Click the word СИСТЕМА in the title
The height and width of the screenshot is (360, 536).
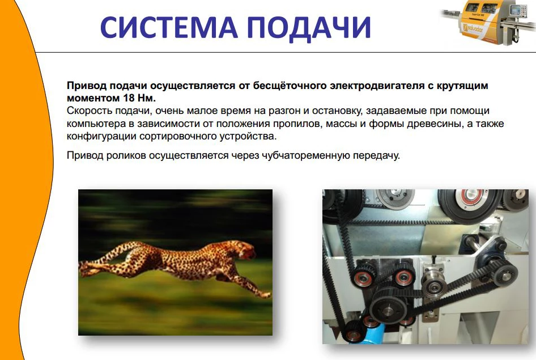pos(169,27)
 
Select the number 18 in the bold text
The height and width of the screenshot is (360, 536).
pos(129,98)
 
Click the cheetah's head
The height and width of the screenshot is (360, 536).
pos(247,251)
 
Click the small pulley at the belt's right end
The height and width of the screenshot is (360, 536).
pos(504,273)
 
